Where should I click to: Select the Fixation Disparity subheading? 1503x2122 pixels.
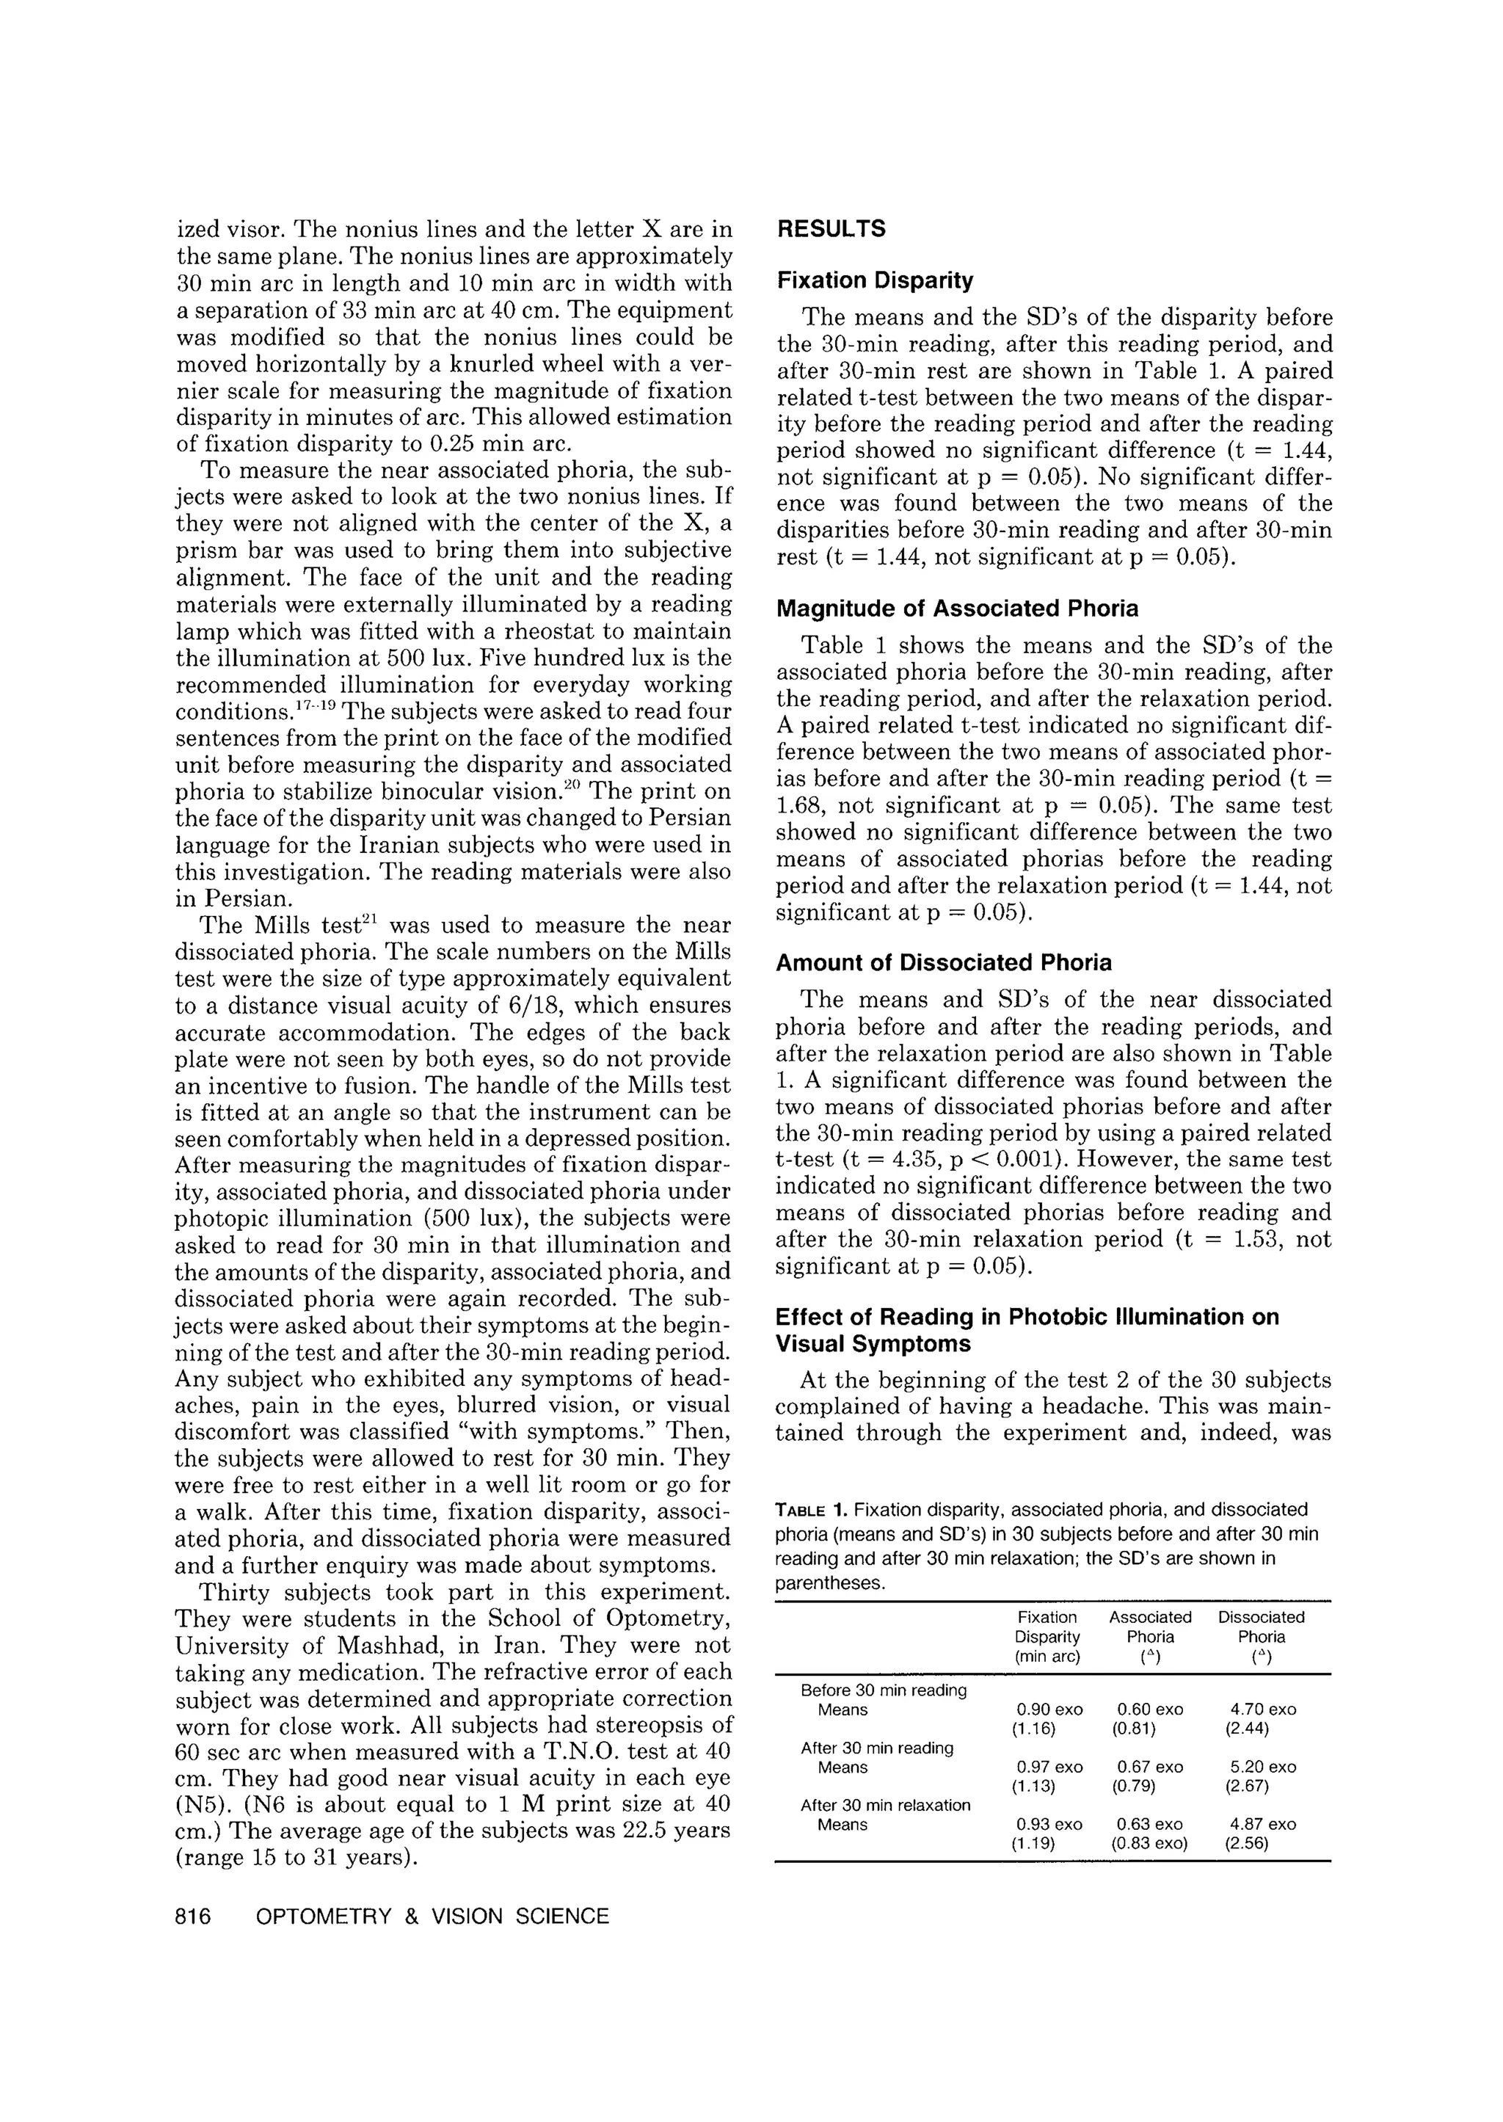click(x=875, y=280)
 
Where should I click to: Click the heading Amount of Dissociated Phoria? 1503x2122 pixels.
click(x=943, y=963)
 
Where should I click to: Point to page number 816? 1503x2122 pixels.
click(x=194, y=1916)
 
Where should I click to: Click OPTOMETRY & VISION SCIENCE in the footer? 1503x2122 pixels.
click(x=432, y=1916)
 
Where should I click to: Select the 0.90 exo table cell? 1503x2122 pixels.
click(x=1049, y=1709)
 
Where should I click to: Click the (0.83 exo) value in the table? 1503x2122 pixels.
click(x=1149, y=1842)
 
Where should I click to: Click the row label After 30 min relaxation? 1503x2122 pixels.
click(x=885, y=1805)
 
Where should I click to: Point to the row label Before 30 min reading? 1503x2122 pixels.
click(x=883, y=1690)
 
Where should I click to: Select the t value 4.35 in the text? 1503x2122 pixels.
click(x=889, y=1160)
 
